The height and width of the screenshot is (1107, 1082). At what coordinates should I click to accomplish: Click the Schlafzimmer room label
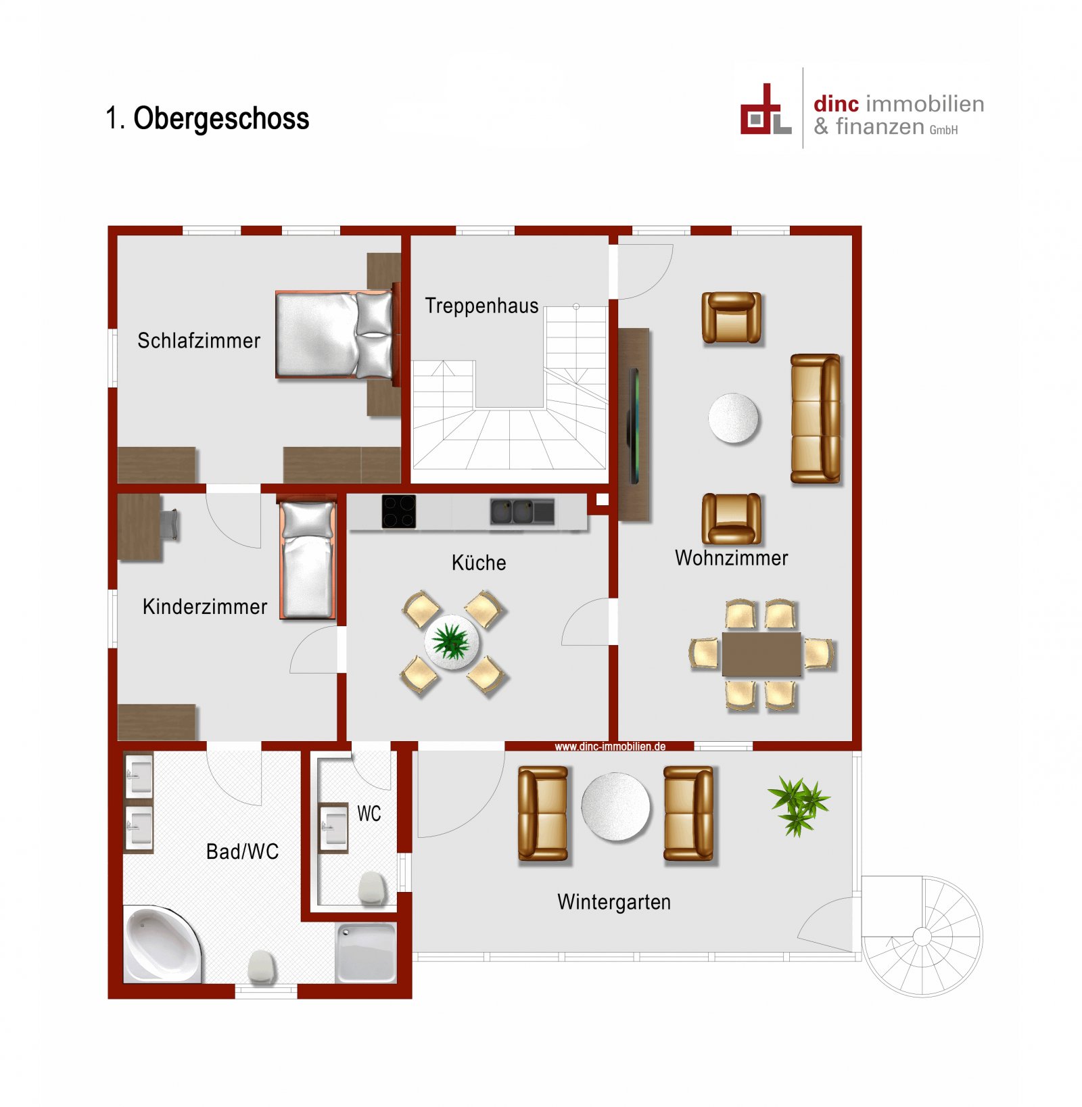pos(198,340)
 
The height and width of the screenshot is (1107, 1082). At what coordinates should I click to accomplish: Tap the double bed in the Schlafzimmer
pos(333,335)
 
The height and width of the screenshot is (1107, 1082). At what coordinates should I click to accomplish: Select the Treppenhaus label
pos(481,306)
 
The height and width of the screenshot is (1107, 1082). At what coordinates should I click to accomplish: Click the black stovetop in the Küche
pos(398,511)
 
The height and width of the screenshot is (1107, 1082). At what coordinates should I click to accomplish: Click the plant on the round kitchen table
pos(451,641)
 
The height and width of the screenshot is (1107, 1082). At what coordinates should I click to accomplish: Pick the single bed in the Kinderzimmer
pos(308,560)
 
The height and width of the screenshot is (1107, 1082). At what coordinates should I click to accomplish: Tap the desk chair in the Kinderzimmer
pos(170,524)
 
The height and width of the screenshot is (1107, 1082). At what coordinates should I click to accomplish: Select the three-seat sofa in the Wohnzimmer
pos(816,419)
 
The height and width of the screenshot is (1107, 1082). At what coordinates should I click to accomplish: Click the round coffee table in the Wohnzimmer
pos(734,419)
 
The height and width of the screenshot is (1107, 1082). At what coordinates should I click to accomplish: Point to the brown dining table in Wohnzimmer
pos(761,654)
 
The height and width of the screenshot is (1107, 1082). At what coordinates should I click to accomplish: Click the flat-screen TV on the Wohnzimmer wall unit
pos(634,425)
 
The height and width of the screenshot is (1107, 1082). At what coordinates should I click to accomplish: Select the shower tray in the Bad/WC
pos(366,952)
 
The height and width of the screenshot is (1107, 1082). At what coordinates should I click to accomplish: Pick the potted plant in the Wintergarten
pos(799,805)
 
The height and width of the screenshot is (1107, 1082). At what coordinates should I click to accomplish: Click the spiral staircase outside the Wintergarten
pos(922,937)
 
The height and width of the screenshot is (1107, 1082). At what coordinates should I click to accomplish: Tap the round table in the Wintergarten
pos(615,807)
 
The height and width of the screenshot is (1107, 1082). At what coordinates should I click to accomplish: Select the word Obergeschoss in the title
pos(221,118)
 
